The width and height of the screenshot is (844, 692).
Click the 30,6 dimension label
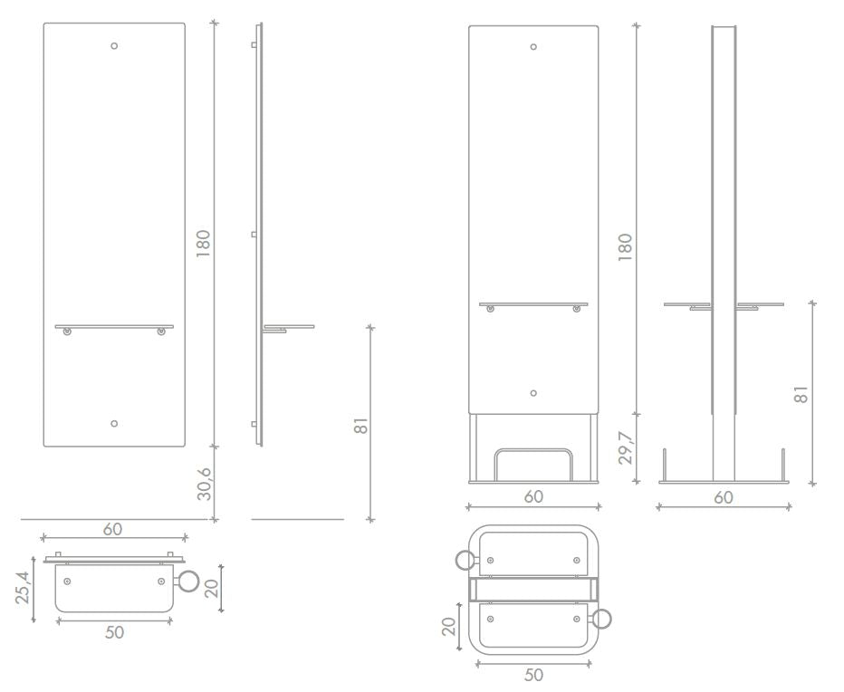tap(204, 484)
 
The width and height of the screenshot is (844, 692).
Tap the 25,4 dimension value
tap(23, 587)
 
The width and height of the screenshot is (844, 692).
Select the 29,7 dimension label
tap(625, 447)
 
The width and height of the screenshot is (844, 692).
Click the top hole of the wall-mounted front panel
tap(114, 46)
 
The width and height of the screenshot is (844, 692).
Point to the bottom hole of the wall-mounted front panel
tap(114, 423)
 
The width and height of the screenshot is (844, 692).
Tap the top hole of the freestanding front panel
tap(533, 47)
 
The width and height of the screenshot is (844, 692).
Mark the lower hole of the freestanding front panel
tap(533, 393)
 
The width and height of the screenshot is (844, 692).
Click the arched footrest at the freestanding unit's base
tap(532, 450)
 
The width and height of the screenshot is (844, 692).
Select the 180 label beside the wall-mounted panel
tap(203, 244)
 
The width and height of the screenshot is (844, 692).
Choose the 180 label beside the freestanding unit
tap(625, 247)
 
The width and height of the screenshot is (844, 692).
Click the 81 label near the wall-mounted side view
tap(361, 425)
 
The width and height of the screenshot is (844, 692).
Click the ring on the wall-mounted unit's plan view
tap(188, 581)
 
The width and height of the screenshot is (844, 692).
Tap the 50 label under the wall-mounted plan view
tap(114, 632)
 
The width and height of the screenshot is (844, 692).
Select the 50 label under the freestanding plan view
tap(533, 674)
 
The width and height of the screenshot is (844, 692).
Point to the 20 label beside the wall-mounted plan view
tap(212, 588)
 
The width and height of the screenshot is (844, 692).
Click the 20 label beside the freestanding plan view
tap(448, 626)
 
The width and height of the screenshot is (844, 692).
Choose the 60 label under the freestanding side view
tap(724, 497)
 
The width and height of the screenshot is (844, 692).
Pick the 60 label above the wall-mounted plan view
tap(112, 529)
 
